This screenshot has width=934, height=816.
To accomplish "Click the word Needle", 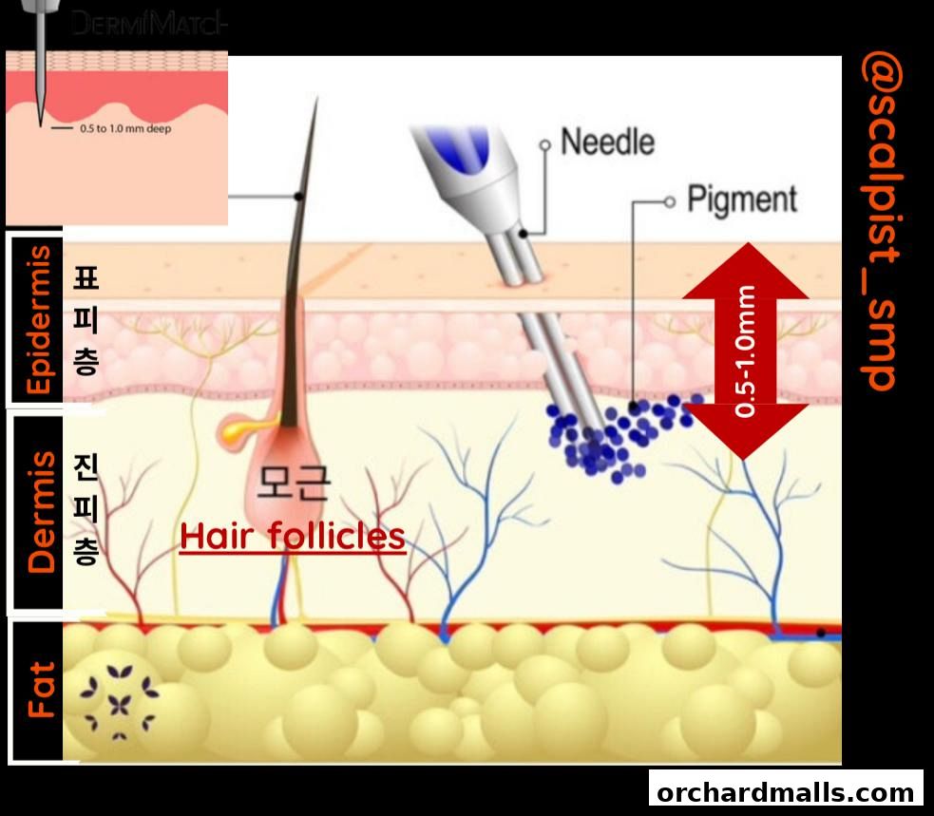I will pyautogui.click(x=607, y=142).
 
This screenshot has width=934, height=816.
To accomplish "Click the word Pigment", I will pyautogui.click(x=742, y=199).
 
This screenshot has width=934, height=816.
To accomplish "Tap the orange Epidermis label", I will pyautogui.click(x=40, y=319).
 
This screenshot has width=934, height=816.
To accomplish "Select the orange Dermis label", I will pyautogui.click(x=40, y=512).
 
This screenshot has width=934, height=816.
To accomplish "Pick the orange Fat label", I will pyautogui.click(x=40, y=690).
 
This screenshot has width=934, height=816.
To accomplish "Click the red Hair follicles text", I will pyautogui.click(x=293, y=537).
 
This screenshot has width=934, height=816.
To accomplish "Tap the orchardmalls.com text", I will pyautogui.click(x=785, y=792).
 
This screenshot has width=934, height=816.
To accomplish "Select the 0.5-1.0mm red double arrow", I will pyautogui.click(x=745, y=351).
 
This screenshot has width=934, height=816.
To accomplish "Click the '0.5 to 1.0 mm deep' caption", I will pyautogui.click(x=124, y=128).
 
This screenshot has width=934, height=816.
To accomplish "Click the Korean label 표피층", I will pyautogui.click(x=85, y=320).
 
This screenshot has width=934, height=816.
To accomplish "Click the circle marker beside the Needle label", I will pyautogui.click(x=545, y=144).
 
